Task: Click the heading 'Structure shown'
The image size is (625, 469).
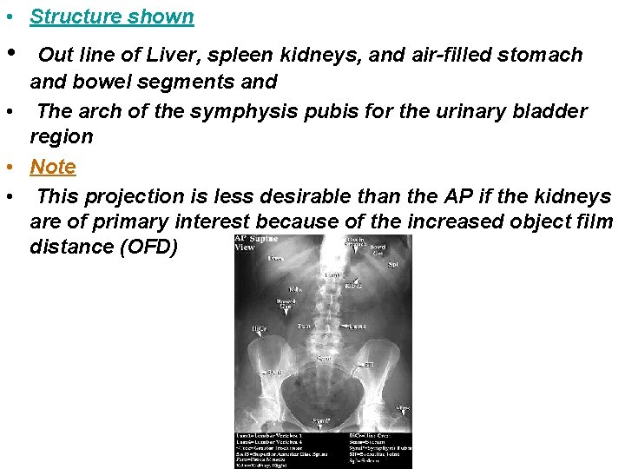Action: coord(112,17)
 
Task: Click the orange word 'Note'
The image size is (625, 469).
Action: coord(53,167)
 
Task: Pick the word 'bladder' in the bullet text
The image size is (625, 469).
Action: coord(552,111)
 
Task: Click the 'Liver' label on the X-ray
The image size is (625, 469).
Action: coord(276,258)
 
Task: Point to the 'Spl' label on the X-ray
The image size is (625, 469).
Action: coord(392,264)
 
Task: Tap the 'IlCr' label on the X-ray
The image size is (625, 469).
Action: coord(258,329)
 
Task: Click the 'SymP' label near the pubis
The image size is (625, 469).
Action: coord(322,421)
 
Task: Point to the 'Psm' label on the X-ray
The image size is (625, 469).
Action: coord(304,327)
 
